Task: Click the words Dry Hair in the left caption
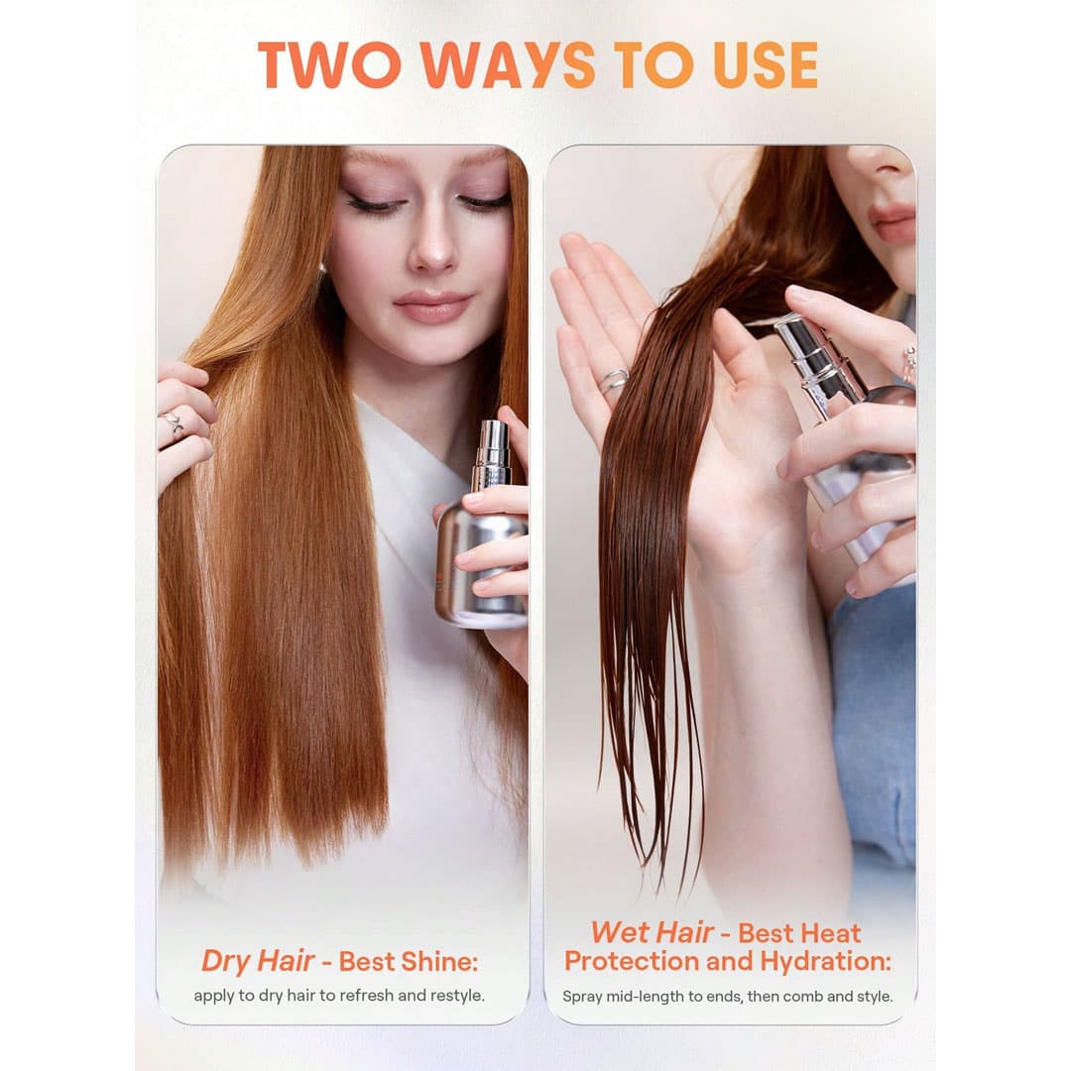pos(258,962)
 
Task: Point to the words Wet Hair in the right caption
pos(651,932)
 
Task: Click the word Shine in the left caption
pos(440,962)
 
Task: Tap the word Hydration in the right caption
pos(825,962)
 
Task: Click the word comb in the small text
pos(802,997)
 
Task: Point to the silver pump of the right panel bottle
pos(820,362)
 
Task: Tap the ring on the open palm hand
pos(614,380)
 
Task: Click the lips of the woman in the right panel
pos(892,221)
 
